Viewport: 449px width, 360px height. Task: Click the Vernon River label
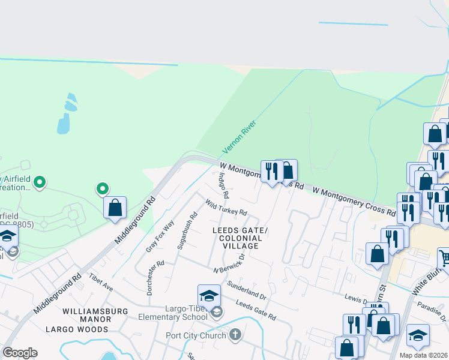pyautogui.click(x=240, y=137)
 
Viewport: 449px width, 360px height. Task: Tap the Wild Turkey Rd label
pyautogui.click(x=226, y=208)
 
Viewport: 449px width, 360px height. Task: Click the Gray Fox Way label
pyautogui.click(x=160, y=236)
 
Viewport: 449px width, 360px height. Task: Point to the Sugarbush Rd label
pyautogui.click(x=187, y=231)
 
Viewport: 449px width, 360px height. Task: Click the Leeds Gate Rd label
pyautogui.click(x=256, y=311)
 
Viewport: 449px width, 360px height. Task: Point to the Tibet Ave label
pyautogui.click(x=101, y=280)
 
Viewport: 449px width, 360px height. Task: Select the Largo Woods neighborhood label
pyautogui.click(x=77, y=329)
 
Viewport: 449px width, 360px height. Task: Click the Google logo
pyautogui.click(x=20, y=353)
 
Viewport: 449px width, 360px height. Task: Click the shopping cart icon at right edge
pyautogui.click(x=444, y=258)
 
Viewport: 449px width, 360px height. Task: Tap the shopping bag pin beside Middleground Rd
pyautogui.click(x=115, y=208)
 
